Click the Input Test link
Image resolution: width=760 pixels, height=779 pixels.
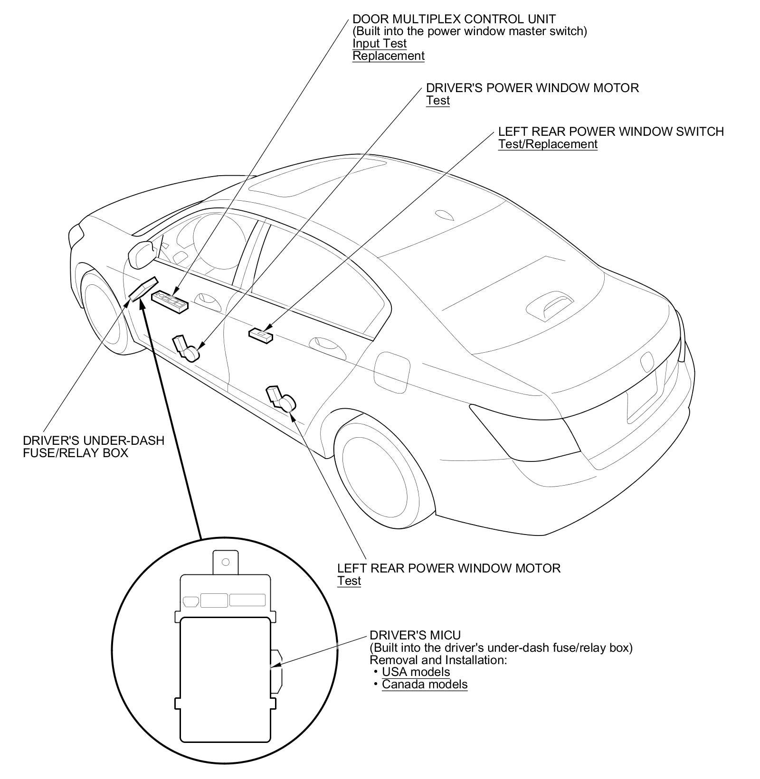coord(379,44)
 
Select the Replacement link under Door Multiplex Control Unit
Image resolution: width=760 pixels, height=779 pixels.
coord(388,56)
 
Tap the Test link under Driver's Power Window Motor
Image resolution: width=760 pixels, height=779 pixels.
coord(437,101)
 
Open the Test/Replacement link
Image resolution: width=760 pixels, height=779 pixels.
coord(547,144)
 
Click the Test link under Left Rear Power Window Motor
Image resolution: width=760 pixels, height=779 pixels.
coord(349,581)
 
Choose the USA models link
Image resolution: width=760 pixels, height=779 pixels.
coord(416,672)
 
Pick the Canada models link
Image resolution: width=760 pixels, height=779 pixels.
coord(424,684)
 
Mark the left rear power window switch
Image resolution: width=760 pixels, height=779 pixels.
coord(261,335)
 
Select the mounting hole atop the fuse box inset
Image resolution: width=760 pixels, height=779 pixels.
coord(226,562)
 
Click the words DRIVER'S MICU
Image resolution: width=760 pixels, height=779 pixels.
coord(415,635)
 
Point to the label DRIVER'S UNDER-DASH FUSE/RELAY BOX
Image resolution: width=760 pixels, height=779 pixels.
coord(93,446)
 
